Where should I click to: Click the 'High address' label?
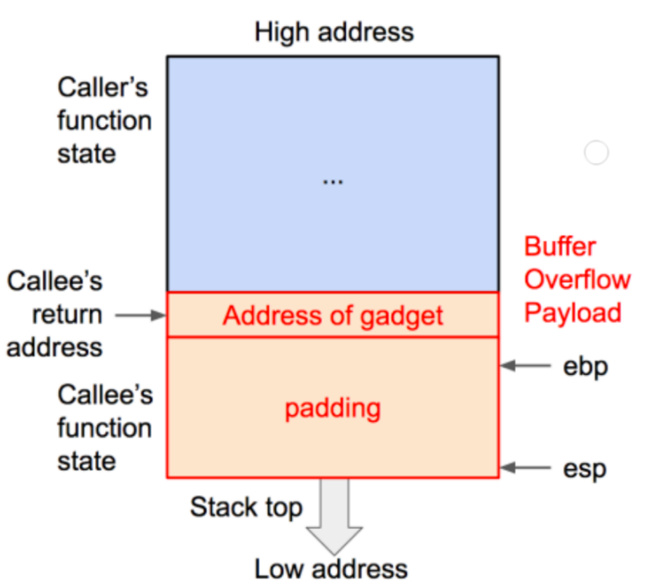(334, 32)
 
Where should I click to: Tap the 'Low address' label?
(331, 570)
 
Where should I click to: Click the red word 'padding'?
(333, 409)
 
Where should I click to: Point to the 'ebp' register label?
(586, 368)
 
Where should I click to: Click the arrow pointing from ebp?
(525, 366)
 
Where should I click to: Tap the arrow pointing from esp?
(525, 468)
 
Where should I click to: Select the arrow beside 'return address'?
(141, 315)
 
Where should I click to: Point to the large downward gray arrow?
(334, 516)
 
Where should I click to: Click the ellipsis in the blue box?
(333, 182)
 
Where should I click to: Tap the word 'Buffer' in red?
(560, 247)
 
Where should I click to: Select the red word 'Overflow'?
(578, 279)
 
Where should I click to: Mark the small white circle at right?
(596, 152)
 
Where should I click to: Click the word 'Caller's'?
(103, 87)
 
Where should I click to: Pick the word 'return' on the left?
(67, 315)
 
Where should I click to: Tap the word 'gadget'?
(402, 317)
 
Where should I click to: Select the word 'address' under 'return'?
(54, 348)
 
